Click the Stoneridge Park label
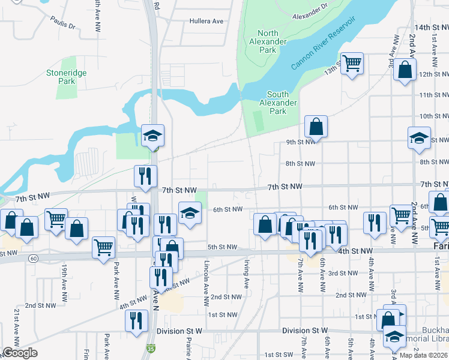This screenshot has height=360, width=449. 67,77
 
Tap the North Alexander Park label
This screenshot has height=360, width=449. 267,41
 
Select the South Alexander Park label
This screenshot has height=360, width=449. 278,103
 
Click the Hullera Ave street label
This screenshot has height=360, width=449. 206,21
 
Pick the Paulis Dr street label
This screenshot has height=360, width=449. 64,26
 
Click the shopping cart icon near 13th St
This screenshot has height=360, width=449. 352,62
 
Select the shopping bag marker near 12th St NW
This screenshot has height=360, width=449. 406,70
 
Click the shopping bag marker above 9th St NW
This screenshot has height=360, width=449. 316,127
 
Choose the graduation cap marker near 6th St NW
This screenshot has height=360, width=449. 190,213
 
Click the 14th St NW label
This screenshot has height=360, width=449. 431,28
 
